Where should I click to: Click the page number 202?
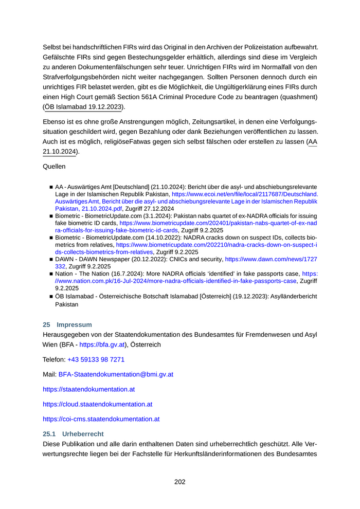[179, 482]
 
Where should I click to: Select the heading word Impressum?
[75, 324]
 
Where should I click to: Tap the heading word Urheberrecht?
[83, 434]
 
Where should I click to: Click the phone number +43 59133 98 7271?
[96, 360]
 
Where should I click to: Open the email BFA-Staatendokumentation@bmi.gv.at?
[116, 375]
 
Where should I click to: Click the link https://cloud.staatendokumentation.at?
[97, 404]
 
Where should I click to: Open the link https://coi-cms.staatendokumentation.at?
[101, 419]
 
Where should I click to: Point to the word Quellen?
[54, 167]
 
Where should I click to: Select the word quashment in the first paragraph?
[300, 97]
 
